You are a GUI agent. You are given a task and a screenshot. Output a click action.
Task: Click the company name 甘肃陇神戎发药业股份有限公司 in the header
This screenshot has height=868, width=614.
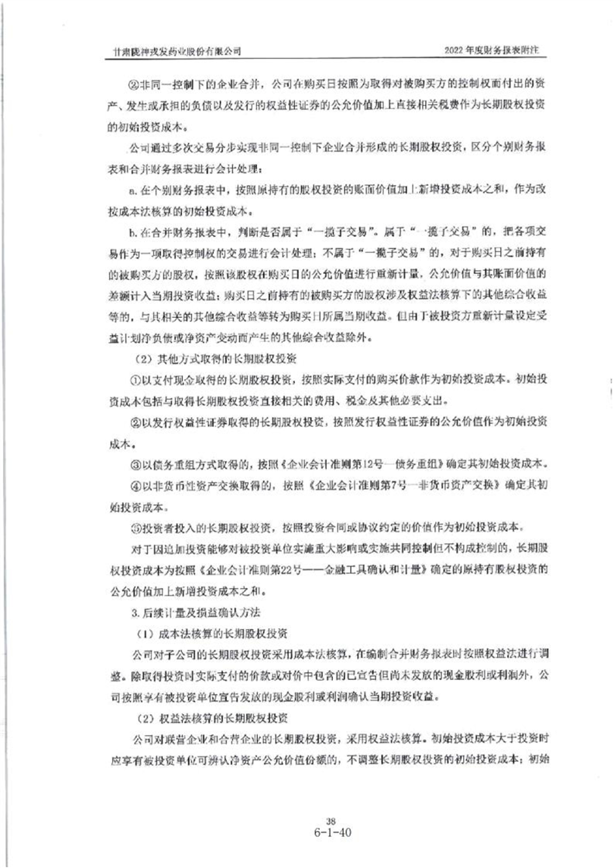point(177,49)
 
